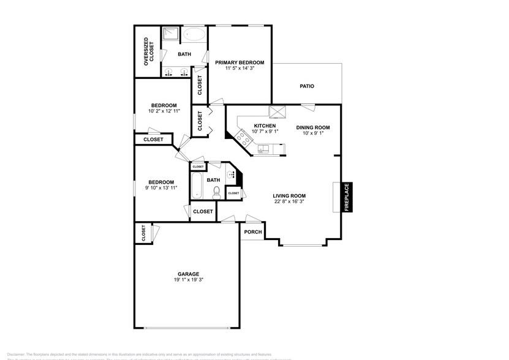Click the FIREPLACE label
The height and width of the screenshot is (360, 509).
coord(346,197)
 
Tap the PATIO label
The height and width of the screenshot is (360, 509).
coord(307,86)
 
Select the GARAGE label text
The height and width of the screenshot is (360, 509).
coord(189,274)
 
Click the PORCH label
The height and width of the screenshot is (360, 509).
coord(253,232)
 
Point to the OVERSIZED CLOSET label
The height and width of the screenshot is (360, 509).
coord(146,51)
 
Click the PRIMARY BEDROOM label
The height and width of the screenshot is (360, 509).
coord(239,62)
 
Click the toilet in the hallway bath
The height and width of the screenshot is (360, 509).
coord(216,192)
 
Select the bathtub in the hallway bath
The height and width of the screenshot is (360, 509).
coord(196,186)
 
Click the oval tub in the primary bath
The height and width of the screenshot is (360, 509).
coord(196,34)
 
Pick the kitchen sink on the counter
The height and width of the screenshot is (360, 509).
coord(264,149)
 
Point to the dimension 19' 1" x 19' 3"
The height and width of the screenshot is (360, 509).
coord(189,280)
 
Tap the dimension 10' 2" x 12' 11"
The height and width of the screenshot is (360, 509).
coord(164,111)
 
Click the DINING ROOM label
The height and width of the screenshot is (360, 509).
coord(313,127)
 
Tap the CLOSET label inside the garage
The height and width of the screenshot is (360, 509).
coord(144,233)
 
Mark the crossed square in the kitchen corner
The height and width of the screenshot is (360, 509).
coord(279,111)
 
